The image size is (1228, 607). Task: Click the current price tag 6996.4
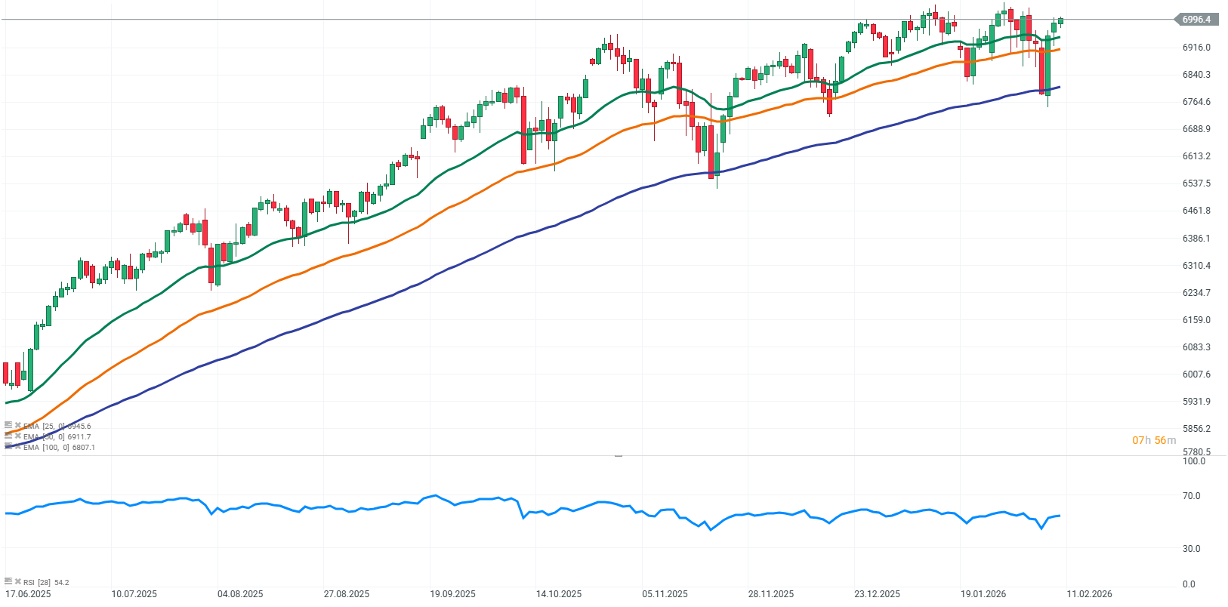(1196, 20)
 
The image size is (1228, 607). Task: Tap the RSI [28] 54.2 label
(46, 582)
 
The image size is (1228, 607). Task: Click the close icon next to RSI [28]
(17, 581)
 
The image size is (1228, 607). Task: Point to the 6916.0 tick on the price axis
(1196, 48)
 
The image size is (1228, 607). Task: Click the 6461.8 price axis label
(1196, 211)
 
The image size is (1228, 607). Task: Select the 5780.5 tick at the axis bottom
(1196, 452)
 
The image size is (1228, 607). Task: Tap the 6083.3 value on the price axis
(1196, 347)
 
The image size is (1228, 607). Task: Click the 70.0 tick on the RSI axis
(1191, 496)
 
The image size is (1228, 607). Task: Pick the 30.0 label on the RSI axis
(1191, 549)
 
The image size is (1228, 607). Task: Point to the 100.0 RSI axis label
(1193, 461)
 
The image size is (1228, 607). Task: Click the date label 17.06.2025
(28, 594)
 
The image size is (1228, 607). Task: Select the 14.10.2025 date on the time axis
(559, 594)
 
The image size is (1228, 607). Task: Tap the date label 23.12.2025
(877, 594)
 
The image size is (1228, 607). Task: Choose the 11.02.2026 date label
(1089, 594)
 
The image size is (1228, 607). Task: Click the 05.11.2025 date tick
(665, 594)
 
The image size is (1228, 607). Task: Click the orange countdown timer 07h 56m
(1154, 440)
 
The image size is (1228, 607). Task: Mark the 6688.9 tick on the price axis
(1196, 129)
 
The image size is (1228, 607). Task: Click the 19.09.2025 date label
(452, 594)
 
